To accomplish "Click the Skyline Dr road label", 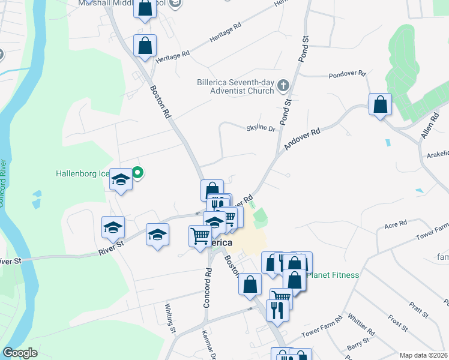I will coord(260,128).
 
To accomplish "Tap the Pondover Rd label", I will coord(347,74).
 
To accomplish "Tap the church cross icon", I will coord(284,88).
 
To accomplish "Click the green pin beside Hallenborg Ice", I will coord(137,173).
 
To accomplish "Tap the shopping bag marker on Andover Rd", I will coord(380,105).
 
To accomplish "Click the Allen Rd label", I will coord(427,129).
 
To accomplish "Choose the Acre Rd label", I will coord(395,225).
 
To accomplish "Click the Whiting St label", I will coord(170,318).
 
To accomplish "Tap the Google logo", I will coord(20,353).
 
